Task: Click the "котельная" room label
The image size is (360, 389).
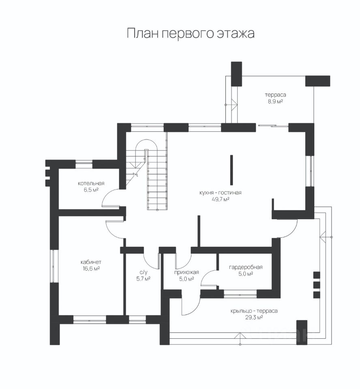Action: (x=91, y=183)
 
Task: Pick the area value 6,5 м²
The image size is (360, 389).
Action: (x=91, y=190)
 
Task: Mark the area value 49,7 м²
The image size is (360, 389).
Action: (x=221, y=199)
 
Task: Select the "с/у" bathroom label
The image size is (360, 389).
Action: (x=143, y=272)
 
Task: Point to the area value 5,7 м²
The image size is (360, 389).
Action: (x=143, y=278)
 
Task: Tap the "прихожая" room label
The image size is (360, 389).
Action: (x=184, y=272)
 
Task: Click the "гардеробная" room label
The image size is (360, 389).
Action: (x=245, y=267)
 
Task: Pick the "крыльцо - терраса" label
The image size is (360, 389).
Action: (x=254, y=311)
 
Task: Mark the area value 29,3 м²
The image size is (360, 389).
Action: (x=254, y=318)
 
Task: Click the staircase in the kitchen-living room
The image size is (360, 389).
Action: (x=156, y=178)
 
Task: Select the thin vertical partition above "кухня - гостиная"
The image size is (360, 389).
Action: (x=231, y=170)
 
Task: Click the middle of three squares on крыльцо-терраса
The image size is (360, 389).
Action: (x=317, y=284)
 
